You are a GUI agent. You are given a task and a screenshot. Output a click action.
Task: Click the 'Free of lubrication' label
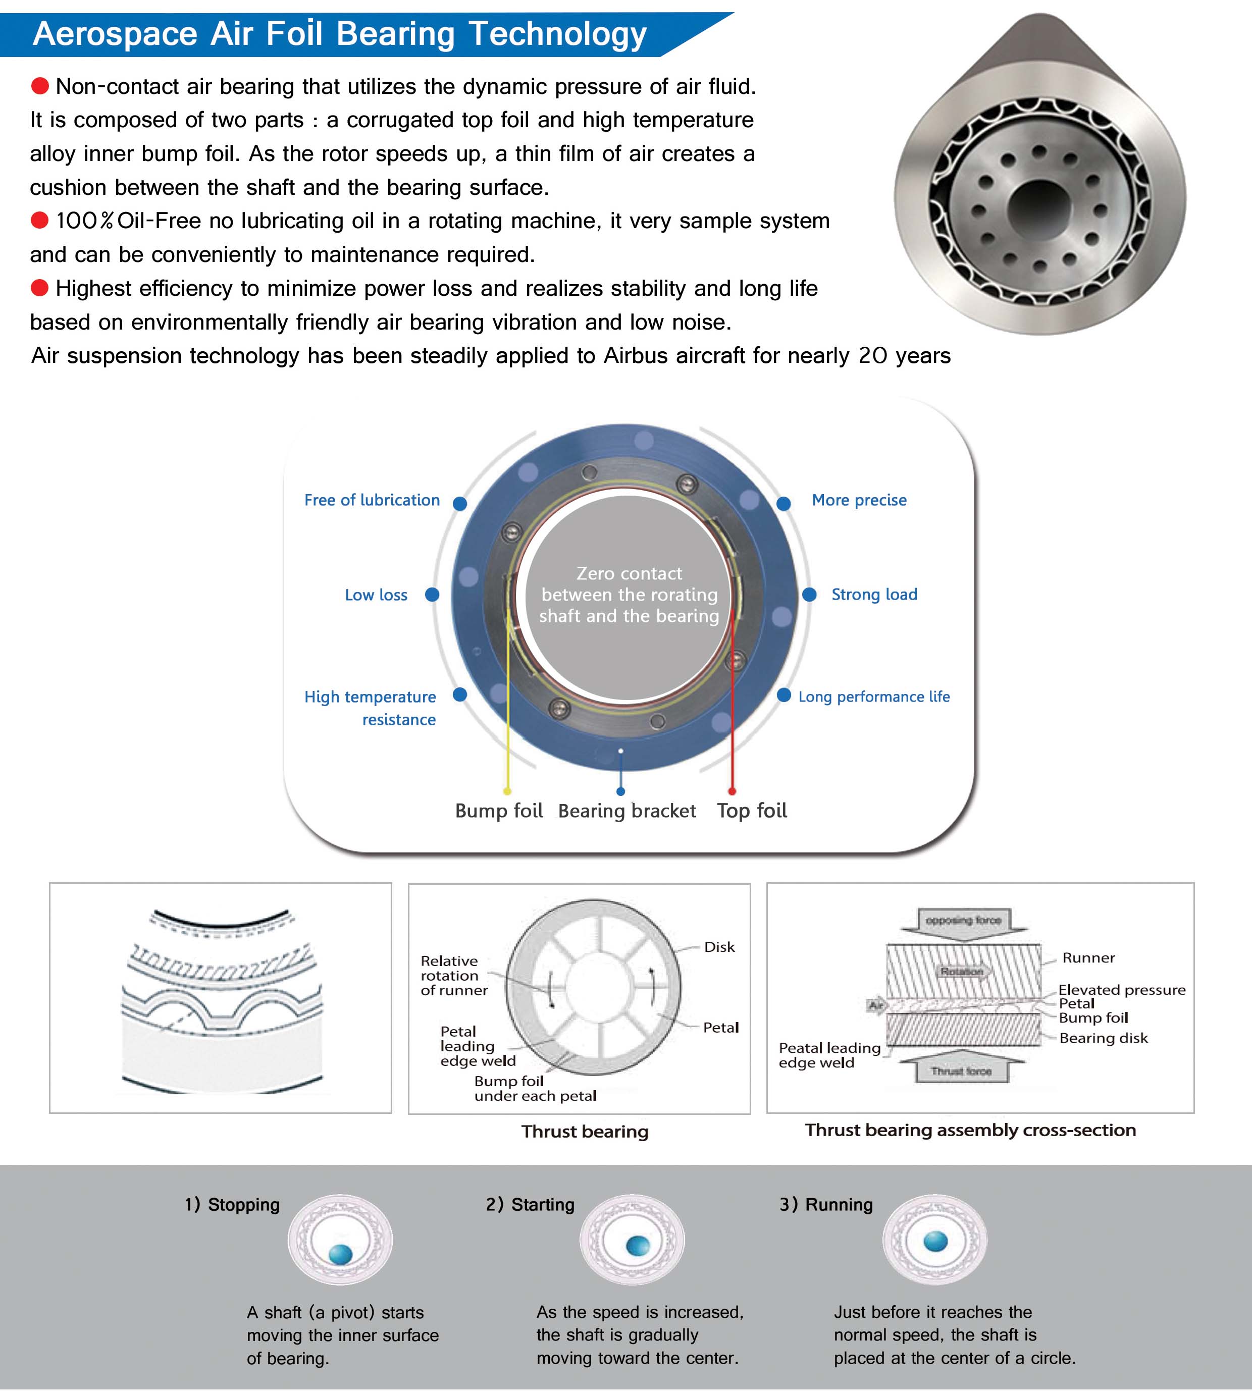[x=372, y=500]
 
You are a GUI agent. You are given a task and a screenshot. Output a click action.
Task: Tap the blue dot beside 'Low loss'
[x=432, y=595]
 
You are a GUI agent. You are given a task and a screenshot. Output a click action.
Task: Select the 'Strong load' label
[x=874, y=595]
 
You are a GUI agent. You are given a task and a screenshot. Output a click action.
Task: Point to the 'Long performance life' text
[x=874, y=697]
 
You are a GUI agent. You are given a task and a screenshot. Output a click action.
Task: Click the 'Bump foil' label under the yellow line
[x=499, y=811]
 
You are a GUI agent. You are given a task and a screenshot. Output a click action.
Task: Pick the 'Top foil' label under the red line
[x=751, y=811]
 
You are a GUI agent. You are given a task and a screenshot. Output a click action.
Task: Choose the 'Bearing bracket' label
[x=627, y=811]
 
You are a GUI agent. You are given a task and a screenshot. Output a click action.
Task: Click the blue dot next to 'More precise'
[x=783, y=504]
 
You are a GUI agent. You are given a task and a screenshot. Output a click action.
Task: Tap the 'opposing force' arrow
[x=963, y=921]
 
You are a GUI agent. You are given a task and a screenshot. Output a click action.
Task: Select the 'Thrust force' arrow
[x=961, y=1070]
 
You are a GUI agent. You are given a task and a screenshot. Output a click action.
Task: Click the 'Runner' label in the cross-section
[x=1088, y=957]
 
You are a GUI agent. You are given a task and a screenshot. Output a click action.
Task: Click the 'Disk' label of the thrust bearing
[x=719, y=947]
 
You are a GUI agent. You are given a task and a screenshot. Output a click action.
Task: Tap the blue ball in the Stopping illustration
[x=341, y=1254]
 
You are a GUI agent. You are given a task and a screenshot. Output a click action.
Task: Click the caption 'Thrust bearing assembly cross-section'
[x=970, y=1130]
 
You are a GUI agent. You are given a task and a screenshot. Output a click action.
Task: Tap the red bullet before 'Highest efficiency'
[x=40, y=288]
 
